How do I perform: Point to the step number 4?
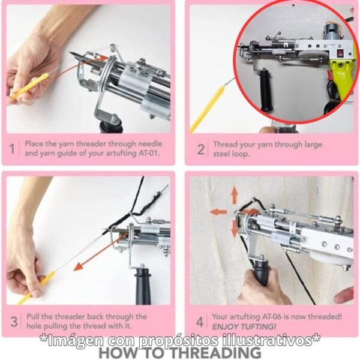pyautogui.click(x=200, y=320)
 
